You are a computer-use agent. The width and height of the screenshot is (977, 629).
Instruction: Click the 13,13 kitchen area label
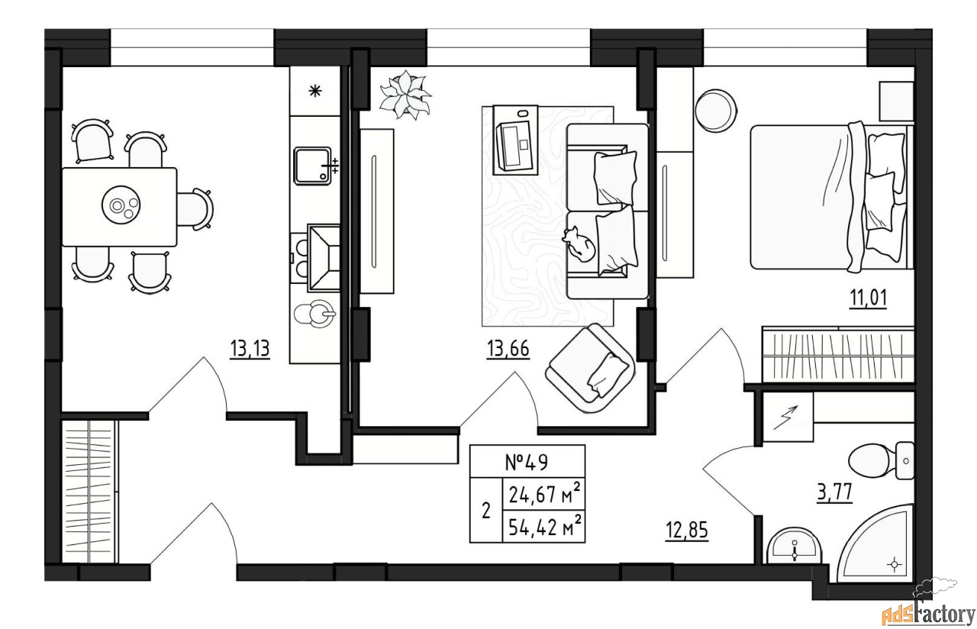250,349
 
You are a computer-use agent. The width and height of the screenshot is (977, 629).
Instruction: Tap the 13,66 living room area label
508,349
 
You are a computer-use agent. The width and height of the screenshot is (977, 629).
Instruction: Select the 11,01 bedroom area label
868,298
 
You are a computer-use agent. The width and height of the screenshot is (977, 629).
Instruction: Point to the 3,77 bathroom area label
834,493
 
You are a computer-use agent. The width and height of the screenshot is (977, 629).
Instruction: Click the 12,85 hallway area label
687,531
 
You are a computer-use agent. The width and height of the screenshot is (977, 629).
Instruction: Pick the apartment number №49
527,463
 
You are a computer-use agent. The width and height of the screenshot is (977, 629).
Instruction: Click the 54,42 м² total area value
545,527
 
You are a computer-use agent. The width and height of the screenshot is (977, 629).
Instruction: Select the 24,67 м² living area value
545,494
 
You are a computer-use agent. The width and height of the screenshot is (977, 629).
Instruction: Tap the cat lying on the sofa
579,245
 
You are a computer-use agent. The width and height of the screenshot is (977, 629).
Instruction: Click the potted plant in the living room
405,95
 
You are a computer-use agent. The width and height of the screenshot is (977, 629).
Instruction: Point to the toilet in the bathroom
881,460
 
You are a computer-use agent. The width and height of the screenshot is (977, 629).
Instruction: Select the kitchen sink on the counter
313,166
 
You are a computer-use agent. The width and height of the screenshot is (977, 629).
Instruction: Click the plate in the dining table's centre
121,205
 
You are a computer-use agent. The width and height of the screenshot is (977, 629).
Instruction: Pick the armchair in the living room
590,369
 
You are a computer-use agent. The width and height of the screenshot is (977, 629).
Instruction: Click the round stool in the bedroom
716,111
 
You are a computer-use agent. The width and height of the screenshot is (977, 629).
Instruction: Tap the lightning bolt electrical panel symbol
785,418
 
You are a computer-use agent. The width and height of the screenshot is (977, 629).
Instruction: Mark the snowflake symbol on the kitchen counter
315,91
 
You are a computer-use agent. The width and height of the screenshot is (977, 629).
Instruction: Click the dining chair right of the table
195,209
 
